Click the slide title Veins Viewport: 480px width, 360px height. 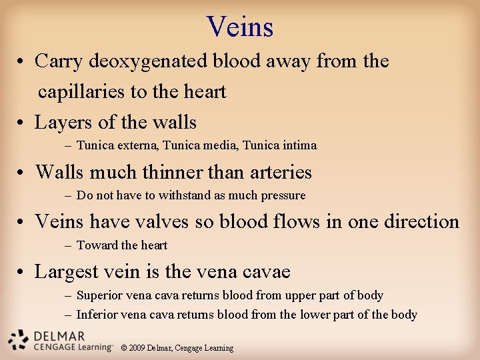click(240, 27)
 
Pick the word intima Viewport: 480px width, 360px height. click(299, 145)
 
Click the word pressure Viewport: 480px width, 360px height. click(283, 196)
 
